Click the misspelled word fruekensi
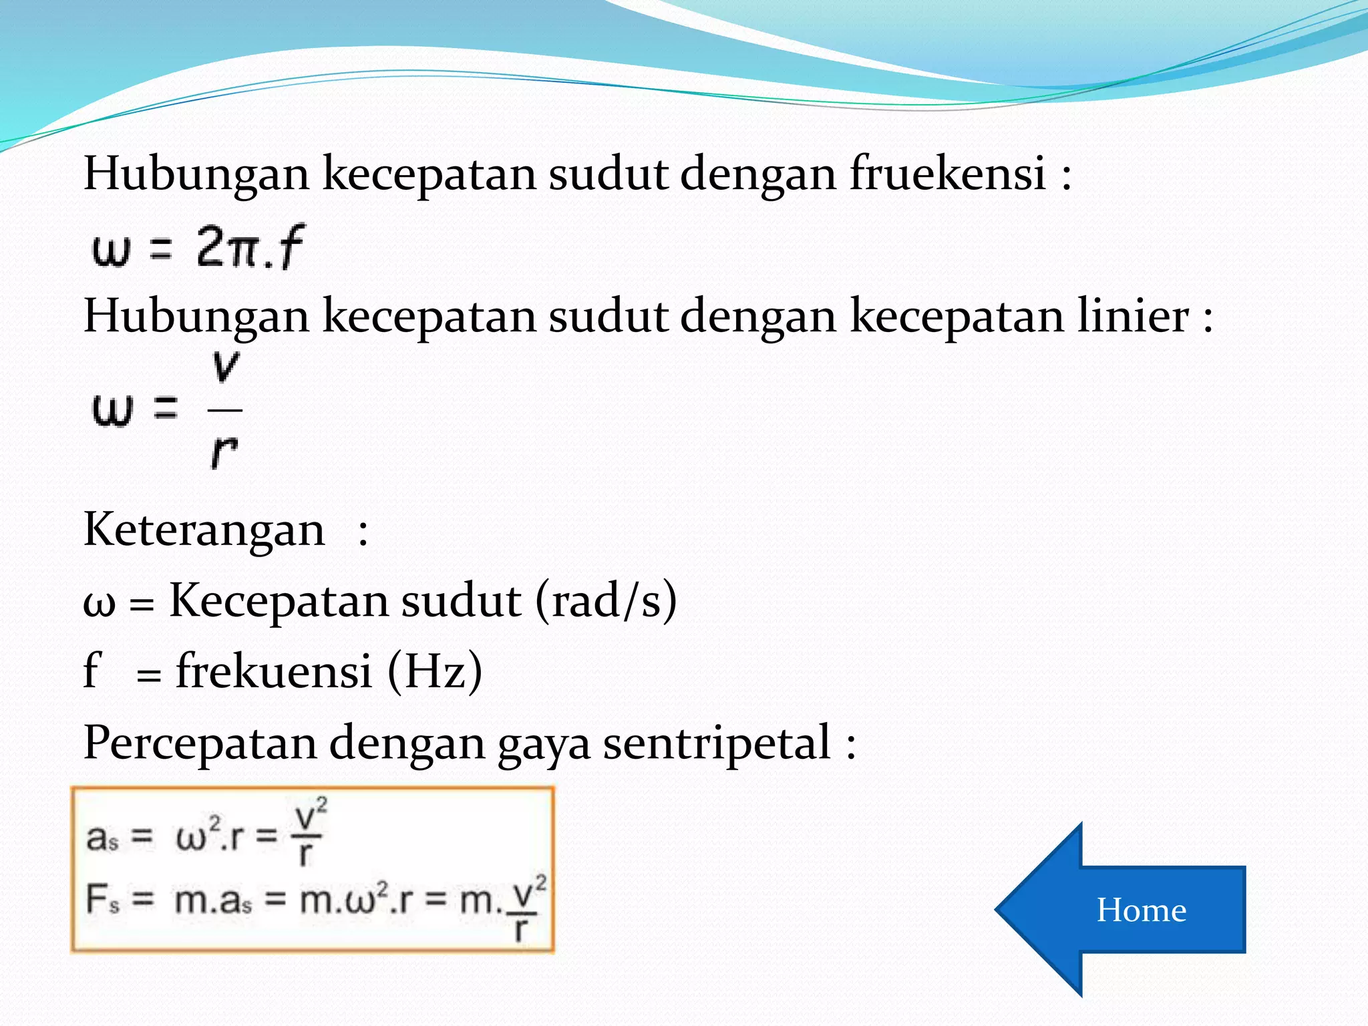coord(947,174)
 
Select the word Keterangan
coord(204,530)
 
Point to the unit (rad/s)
coord(606,600)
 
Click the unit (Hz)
coord(435,671)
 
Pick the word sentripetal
coord(717,743)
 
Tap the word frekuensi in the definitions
coord(274,671)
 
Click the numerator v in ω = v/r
coord(225,367)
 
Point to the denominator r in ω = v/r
coord(224,452)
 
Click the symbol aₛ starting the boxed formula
coord(102,838)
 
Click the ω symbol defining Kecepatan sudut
coord(99,603)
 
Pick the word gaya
coord(544,744)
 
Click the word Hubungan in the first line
coord(196,174)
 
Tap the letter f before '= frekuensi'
coord(92,671)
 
